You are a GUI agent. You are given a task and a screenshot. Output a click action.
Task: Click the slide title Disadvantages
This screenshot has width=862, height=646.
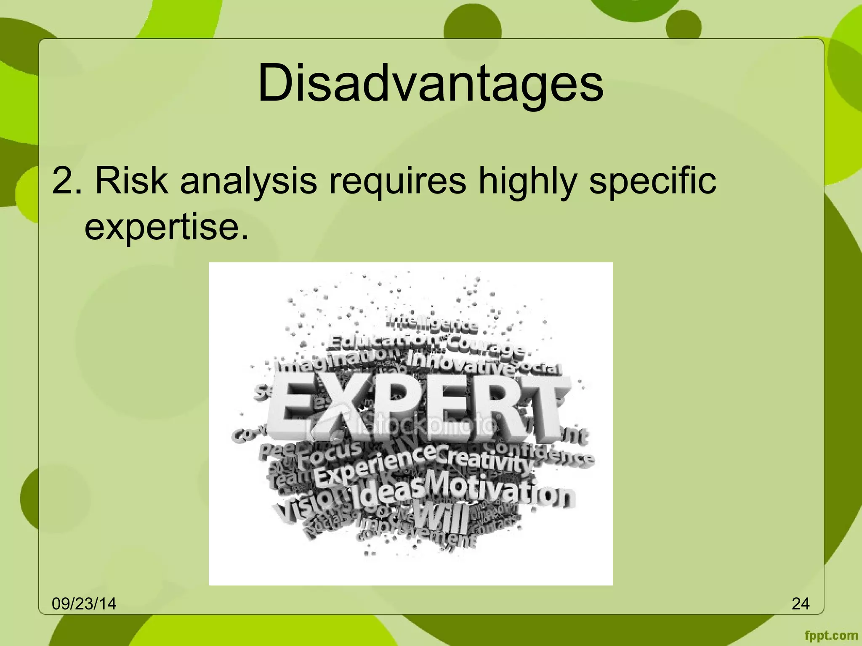click(x=430, y=83)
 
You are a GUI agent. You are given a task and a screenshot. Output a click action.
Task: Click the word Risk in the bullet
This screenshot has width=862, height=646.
click(x=131, y=181)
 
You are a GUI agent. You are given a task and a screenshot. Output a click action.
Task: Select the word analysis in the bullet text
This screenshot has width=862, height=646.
click(x=248, y=181)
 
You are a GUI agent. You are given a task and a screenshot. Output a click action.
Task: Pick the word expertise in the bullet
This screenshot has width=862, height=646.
click(x=162, y=228)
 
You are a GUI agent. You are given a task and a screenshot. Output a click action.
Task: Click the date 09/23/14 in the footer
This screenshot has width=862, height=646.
click(x=84, y=604)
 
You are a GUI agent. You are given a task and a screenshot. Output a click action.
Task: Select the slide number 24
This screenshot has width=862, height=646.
click(x=800, y=604)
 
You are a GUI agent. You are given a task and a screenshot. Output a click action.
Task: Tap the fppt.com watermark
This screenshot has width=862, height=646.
click(x=831, y=635)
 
